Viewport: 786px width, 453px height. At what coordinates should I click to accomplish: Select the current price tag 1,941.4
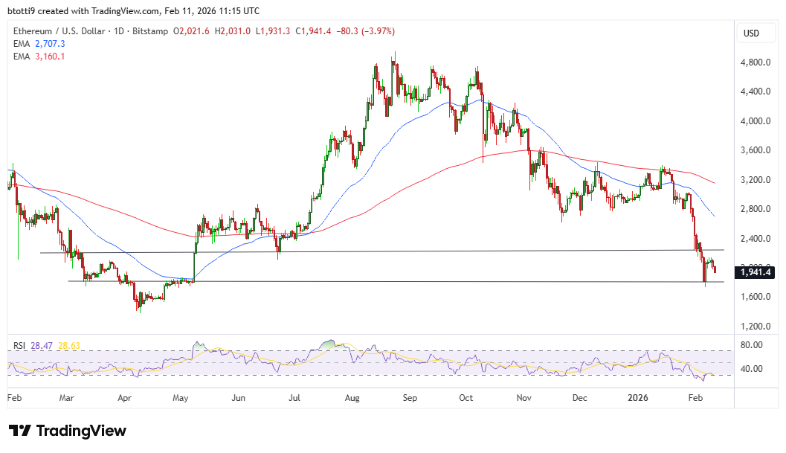click(x=754, y=273)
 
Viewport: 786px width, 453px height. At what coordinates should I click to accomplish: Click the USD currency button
click(x=751, y=33)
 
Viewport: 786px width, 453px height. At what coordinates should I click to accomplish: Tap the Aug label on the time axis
click(x=352, y=398)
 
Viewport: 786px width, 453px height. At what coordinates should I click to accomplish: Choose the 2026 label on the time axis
click(x=637, y=398)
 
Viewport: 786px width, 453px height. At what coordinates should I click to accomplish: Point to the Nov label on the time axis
click(x=525, y=398)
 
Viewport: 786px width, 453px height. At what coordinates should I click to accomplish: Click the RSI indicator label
click(x=20, y=346)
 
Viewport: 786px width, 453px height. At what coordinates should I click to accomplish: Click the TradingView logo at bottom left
click(x=68, y=431)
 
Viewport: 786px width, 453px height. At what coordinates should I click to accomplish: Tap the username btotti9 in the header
click(x=23, y=11)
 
